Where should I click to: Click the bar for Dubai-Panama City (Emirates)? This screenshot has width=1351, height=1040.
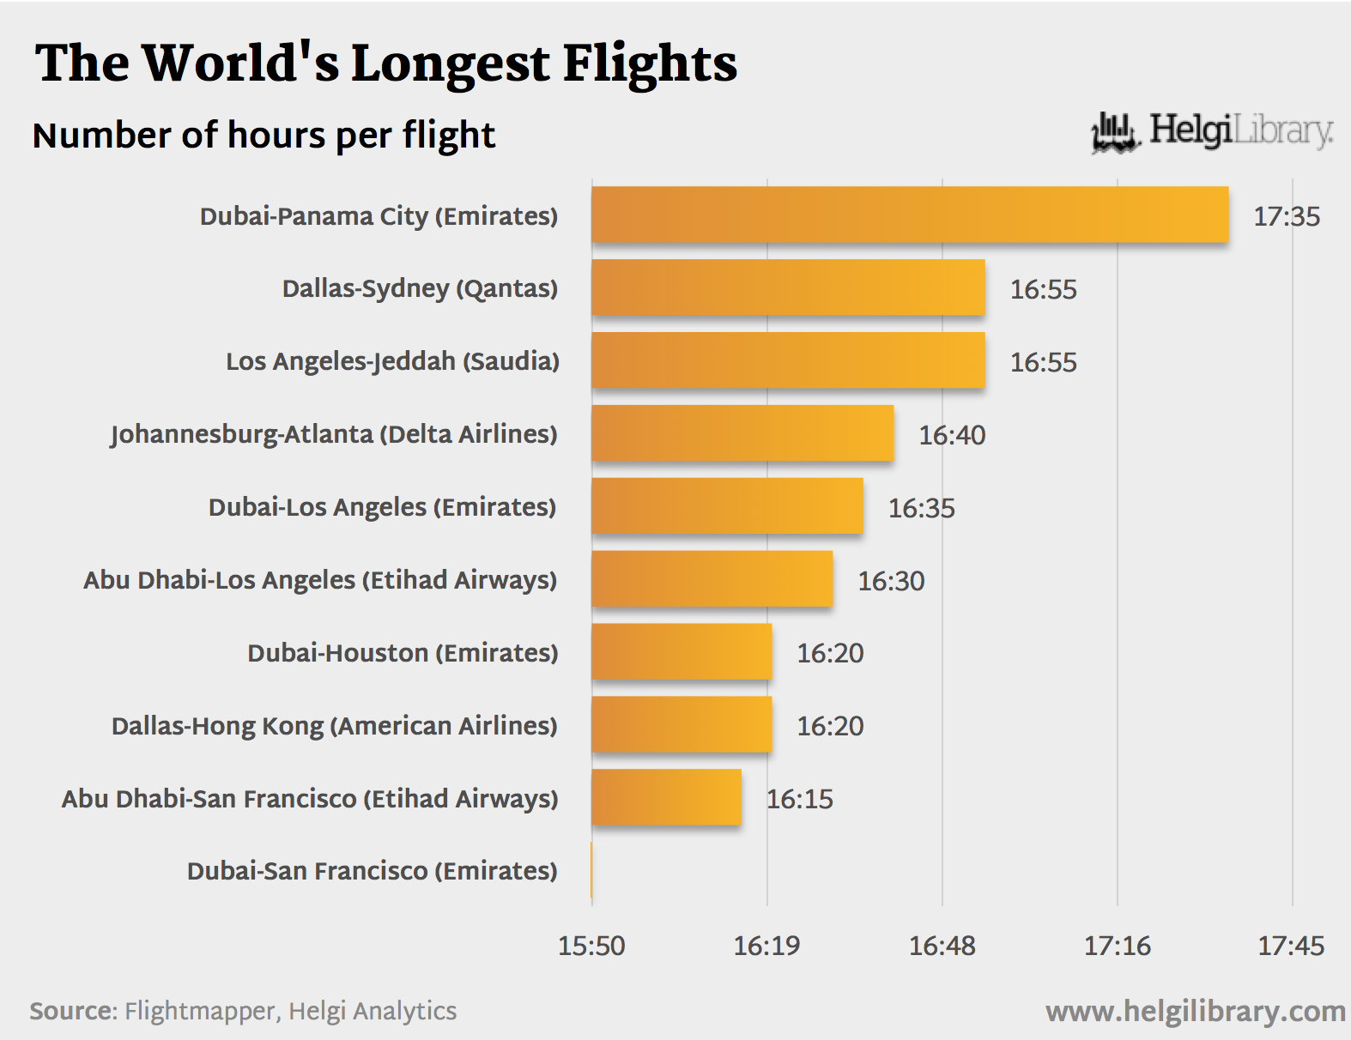point(910,215)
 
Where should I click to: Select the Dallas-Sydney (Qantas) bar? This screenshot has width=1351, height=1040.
point(788,287)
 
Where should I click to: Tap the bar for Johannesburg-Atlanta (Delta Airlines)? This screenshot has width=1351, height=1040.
point(742,433)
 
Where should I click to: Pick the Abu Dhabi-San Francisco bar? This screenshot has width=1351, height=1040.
point(666,797)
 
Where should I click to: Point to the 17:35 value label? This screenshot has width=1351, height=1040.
point(1287,216)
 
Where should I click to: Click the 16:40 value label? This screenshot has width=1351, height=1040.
point(952,435)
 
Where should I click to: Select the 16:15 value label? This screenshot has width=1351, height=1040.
point(799,799)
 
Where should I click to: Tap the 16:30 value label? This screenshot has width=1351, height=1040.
point(891,581)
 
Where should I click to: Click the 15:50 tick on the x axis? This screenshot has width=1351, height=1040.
point(591,946)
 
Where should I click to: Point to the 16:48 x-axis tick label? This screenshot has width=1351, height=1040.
point(942,946)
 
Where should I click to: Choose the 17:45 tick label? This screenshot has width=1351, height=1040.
point(1291,946)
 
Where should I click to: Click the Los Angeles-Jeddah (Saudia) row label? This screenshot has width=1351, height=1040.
point(392,361)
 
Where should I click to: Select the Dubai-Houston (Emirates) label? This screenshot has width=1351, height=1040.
point(403,653)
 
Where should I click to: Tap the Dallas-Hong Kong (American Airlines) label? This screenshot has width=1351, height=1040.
point(334,726)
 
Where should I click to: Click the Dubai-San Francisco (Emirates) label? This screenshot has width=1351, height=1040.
point(372,871)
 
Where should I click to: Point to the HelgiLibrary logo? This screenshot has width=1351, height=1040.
point(1211,131)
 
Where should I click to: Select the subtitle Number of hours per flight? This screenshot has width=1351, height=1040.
point(264,136)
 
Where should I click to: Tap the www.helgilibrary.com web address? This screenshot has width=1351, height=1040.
point(1195,1011)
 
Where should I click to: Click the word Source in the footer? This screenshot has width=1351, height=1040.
point(72,1011)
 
